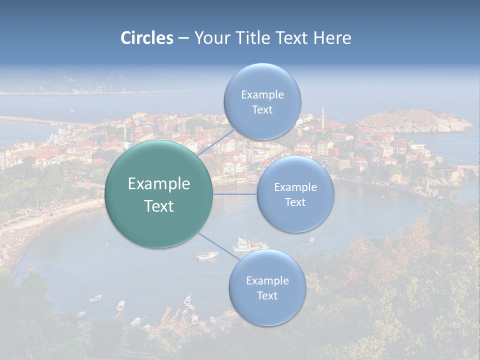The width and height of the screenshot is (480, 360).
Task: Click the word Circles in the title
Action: coord(146,38)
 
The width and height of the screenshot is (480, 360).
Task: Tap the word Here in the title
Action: coord(332,38)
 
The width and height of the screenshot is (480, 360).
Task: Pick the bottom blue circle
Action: coord(267,312)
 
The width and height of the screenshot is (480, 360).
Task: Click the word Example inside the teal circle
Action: coord(159,184)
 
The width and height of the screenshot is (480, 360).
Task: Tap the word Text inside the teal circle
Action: coord(159,206)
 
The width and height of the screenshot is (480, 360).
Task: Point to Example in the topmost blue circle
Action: coord(262,95)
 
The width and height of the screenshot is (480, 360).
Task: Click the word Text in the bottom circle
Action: coord(267,296)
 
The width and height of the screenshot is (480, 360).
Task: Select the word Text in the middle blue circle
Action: coord(295,202)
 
